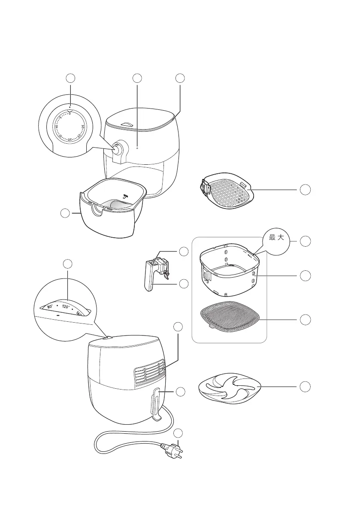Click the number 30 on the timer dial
83,126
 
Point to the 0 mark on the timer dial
70,113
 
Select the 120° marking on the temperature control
66,307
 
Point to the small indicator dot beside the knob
137,147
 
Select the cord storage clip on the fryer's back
155,403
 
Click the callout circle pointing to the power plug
180,432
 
